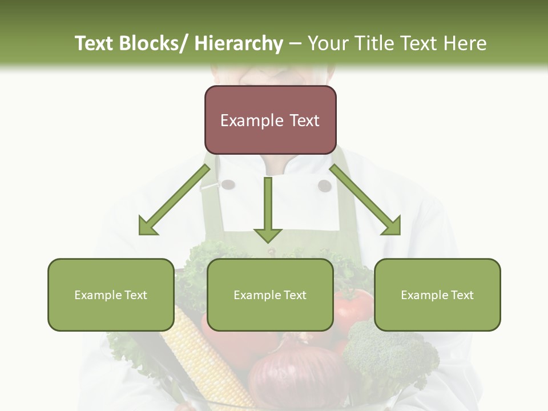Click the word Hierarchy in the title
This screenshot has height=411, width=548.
pos(239,43)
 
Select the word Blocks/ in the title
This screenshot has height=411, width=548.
pos(153,43)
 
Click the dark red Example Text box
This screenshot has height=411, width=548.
pos(270,120)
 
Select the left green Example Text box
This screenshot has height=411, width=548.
pos(111,295)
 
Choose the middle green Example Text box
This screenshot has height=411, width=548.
pos(270,295)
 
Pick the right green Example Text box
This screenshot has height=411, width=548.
pos(437,295)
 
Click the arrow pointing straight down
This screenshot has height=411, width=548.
pos(268,211)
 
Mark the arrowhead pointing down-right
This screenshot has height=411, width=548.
pos(392,225)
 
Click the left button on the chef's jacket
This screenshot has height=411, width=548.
pos(228,184)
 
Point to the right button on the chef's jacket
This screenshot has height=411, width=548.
pos(324,186)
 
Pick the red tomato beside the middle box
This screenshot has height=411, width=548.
pos(353,308)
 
